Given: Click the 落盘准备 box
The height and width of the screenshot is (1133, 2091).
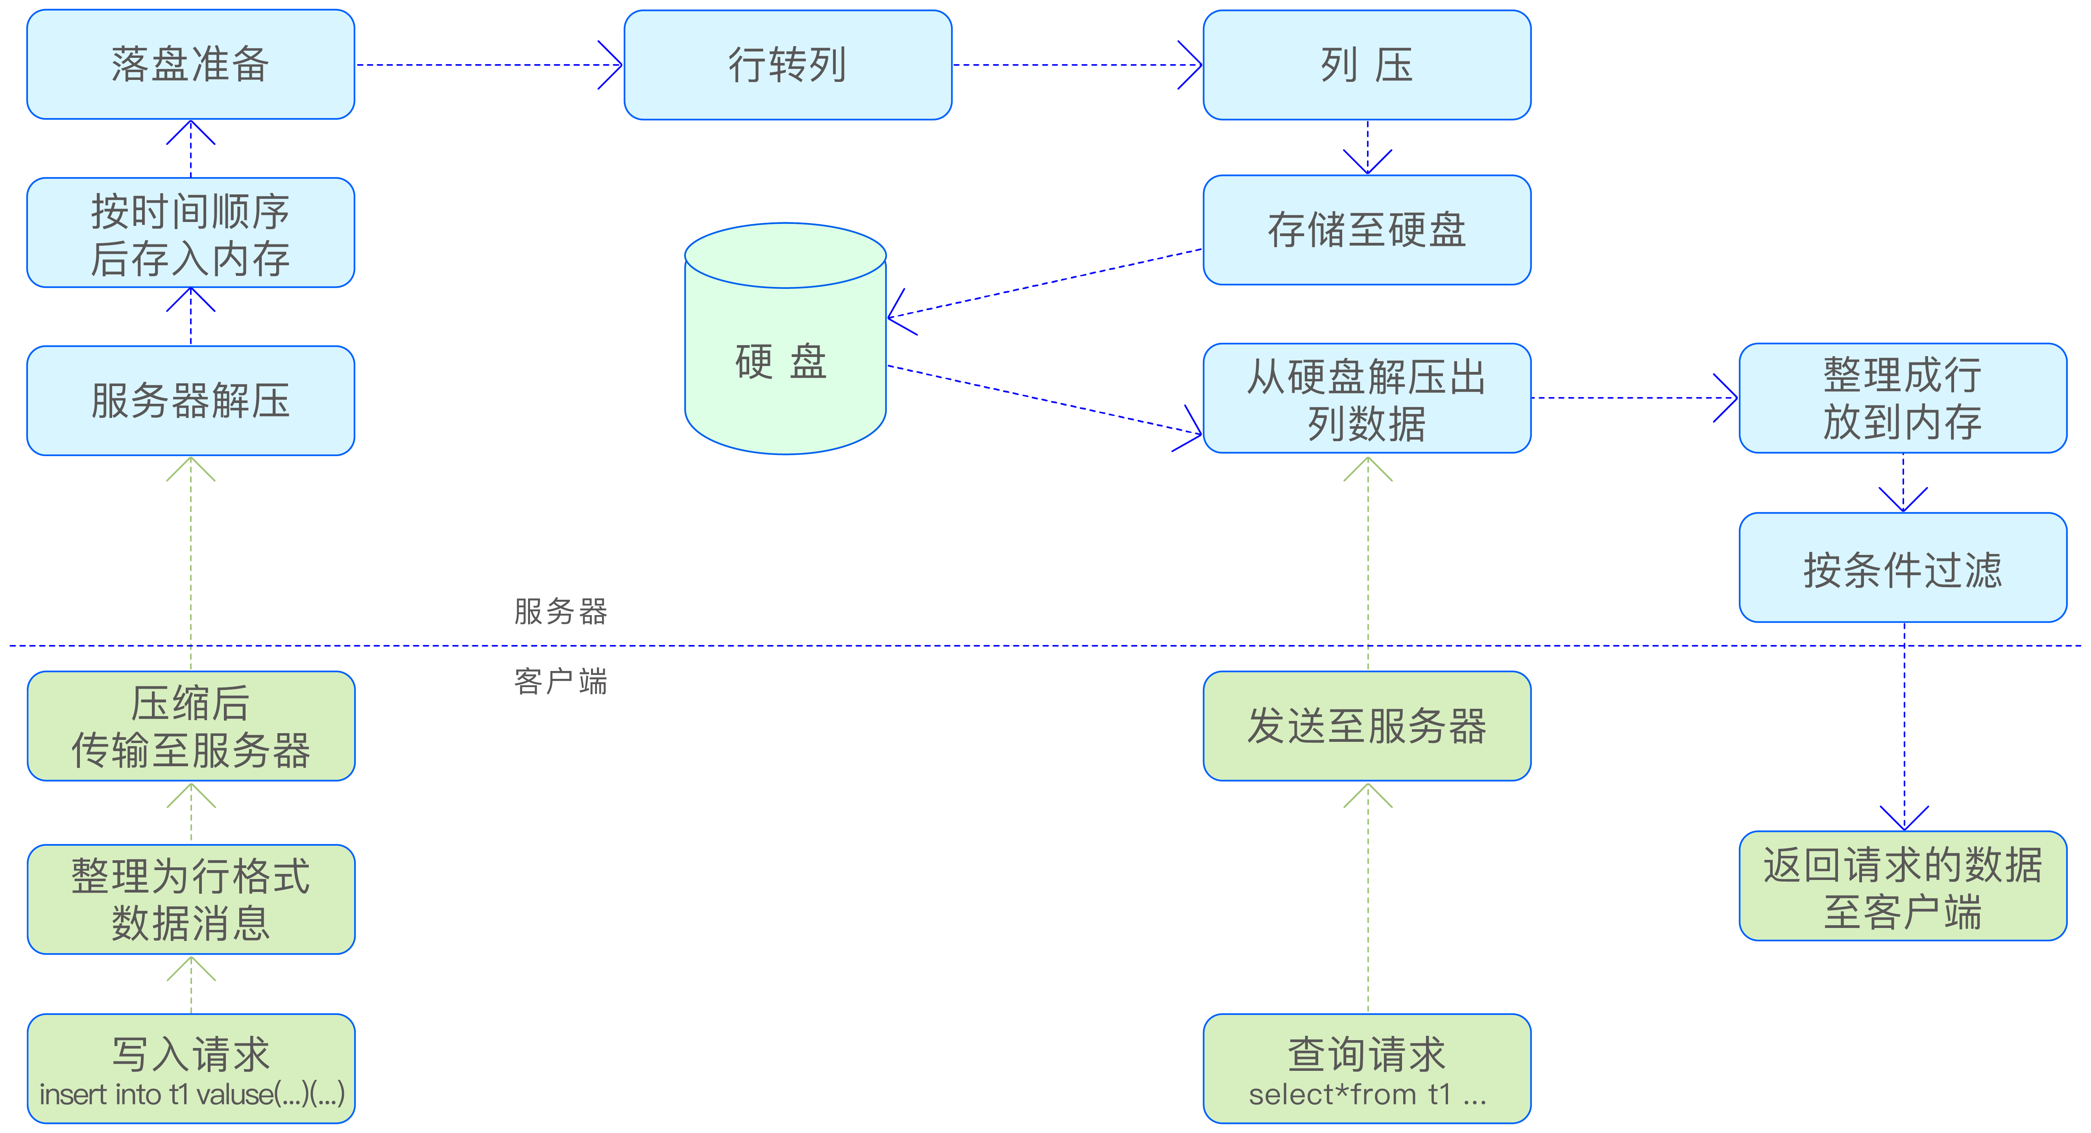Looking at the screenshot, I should (191, 65).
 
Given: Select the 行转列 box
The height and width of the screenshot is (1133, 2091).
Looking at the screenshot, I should (787, 65).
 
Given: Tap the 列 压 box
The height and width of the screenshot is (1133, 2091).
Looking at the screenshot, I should (1367, 65).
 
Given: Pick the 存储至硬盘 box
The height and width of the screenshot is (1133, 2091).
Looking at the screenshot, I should (1367, 230).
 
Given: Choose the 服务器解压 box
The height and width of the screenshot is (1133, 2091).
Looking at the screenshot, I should (191, 400).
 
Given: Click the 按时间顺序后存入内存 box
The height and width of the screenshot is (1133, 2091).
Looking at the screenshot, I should (191, 233).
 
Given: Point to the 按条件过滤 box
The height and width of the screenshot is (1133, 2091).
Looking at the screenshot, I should (1903, 568).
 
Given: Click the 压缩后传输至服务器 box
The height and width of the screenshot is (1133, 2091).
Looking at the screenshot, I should (191, 726).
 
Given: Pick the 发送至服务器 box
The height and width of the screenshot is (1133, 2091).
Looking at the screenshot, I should (1367, 726).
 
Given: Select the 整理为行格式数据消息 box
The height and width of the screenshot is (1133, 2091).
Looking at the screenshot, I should (191, 899).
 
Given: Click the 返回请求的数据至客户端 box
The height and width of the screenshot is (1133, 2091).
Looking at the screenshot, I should (1903, 886).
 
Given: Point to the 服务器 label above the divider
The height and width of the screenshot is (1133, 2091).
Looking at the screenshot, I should (560, 611).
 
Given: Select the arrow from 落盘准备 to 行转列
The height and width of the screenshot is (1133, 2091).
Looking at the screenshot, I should (487, 65).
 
